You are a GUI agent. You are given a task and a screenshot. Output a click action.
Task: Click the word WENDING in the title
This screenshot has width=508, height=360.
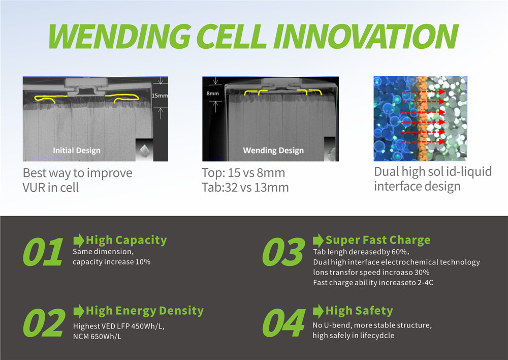click(x=120, y=36)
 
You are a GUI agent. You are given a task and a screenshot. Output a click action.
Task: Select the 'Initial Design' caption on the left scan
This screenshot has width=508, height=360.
click(x=76, y=150)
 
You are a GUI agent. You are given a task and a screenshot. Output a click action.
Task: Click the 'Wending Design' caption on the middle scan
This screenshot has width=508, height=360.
click(x=273, y=150)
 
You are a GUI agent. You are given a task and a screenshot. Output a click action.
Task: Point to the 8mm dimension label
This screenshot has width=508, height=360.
click(x=212, y=94)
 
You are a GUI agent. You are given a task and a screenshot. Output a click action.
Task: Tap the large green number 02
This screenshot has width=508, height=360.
click(x=44, y=323)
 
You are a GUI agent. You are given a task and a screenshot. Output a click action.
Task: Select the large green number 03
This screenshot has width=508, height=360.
click(x=283, y=252)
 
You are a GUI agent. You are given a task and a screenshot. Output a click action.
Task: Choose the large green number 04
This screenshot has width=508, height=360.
click(x=283, y=323)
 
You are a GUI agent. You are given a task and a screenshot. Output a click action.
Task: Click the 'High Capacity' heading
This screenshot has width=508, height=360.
click(x=126, y=240)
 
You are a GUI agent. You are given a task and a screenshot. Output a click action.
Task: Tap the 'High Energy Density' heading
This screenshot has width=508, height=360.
click(x=144, y=310)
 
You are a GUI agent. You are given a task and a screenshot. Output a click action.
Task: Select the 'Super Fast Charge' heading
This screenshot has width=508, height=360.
click(x=377, y=240)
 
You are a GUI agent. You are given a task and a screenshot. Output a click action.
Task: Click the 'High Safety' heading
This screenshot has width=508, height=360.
click(x=359, y=310)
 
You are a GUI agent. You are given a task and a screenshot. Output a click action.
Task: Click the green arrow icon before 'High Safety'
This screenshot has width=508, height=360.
click(x=318, y=311)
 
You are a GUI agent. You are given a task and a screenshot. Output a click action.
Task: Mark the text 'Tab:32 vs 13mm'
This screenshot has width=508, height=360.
click(x=245, y=187)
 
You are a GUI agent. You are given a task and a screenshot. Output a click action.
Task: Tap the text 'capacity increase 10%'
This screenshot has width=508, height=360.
click(x=111, y=262)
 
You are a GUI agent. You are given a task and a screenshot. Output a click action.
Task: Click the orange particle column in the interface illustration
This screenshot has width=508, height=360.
click(x=421, y=117)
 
